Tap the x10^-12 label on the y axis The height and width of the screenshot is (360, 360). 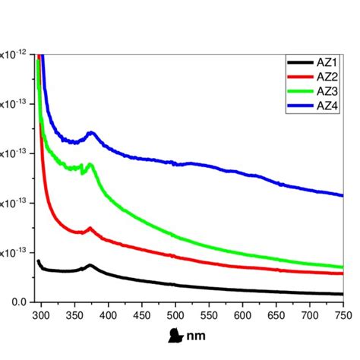(x=14, y=54)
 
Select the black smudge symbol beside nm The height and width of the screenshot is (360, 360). (x=175, y=334)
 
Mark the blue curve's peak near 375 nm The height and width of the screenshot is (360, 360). (x=92, y=133)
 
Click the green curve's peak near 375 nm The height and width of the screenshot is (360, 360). (x=90, y=164)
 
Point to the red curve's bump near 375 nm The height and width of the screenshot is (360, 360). (x=90, y=228)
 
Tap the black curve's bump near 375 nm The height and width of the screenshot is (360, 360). (x=90, y=265)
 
